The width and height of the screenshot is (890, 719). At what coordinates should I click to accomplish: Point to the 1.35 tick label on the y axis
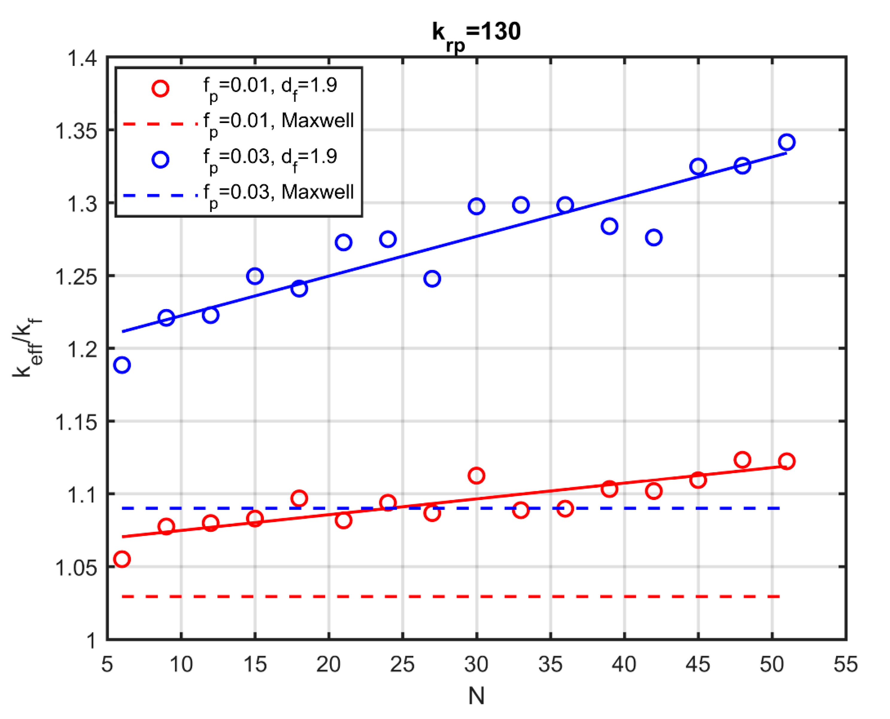click(77, 131)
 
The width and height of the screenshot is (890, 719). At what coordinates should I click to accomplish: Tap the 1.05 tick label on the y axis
click(77, 568)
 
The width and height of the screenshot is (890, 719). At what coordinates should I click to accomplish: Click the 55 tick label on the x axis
click(846, 664)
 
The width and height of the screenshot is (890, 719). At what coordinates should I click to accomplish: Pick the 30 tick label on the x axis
click(476, 664)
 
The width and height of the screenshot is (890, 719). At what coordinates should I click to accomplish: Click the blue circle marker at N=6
click(122, 365)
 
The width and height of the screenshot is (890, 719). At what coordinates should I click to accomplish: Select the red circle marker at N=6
click(122, 559)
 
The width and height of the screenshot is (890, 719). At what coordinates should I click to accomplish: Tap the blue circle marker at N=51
click(786, 142)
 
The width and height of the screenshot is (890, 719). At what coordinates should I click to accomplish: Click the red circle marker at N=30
click(476, 476)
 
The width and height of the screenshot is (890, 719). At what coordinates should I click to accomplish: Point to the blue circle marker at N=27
click(432, 279)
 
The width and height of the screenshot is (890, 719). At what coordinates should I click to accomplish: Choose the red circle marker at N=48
click(742, 460)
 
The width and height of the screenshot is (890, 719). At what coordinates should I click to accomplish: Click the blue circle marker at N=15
click(255, 276)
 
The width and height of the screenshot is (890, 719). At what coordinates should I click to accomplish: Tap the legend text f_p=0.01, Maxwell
click(278, 122)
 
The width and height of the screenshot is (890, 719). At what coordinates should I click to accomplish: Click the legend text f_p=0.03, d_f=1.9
click(270, 159)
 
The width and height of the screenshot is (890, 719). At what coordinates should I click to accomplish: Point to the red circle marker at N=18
click(299, 498)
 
